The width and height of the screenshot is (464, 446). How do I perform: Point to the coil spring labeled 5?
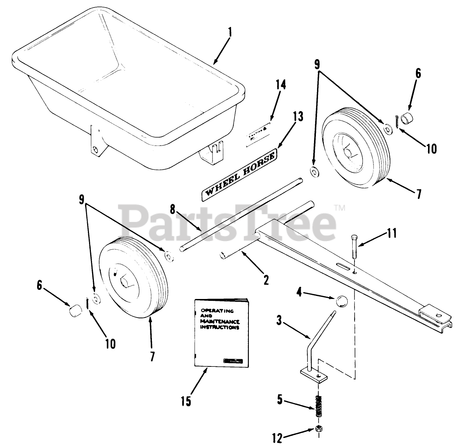[319, 407]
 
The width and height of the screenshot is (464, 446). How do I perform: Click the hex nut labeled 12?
[319, 429]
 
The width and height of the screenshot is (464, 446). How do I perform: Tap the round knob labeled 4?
[342, 302]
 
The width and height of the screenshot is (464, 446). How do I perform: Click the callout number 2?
[266, 280]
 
